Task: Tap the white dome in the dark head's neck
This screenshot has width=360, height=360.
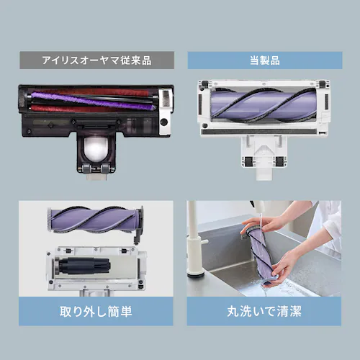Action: pyautogui.click(x=94, y=149)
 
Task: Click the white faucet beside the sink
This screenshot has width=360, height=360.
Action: pyautogui.click(x=193, y=245)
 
